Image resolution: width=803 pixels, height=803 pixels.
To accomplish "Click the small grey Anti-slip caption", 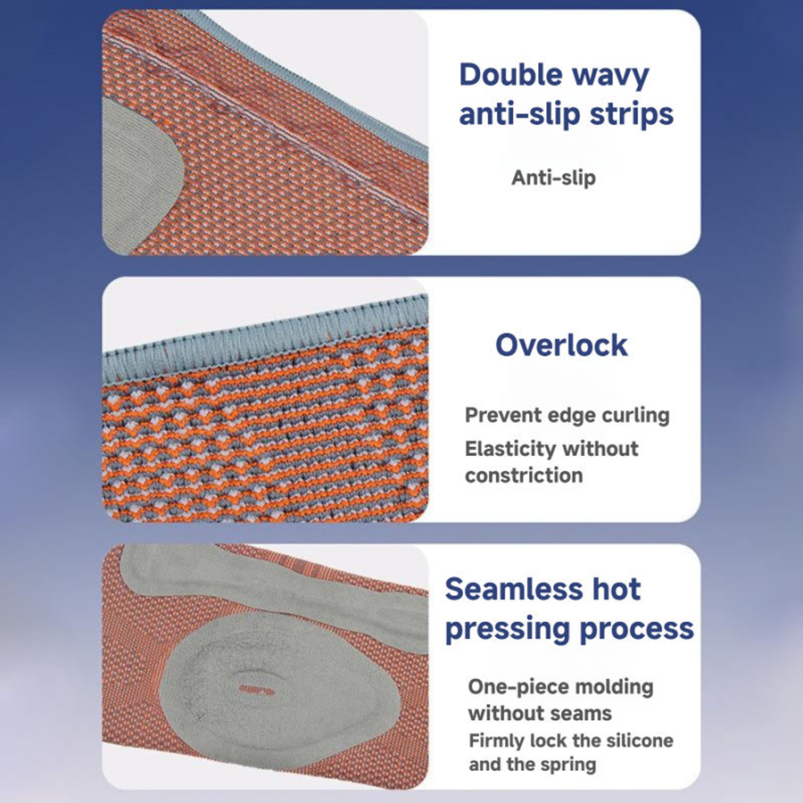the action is (553, 178).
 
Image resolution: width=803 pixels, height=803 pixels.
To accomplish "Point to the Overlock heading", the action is (561, 344).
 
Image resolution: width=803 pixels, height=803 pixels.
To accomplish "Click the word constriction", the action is (524, 476).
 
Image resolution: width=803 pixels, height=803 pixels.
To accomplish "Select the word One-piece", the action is (517, 688).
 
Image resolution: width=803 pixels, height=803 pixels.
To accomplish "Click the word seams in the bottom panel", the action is (584, 715).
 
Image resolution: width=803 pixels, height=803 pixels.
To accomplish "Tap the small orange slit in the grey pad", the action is (257, 691).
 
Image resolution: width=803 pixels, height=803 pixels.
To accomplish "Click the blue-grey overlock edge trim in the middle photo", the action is (265, 339).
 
